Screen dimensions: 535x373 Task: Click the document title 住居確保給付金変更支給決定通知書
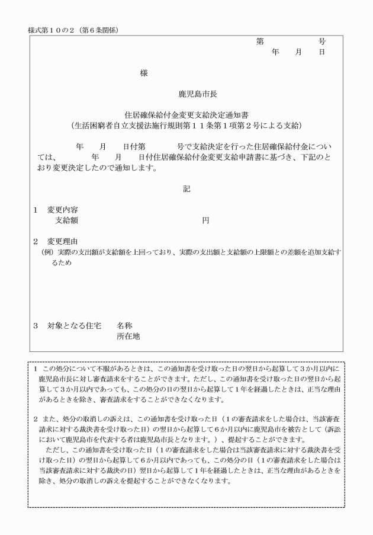pyautogui.click(x=186, y=115)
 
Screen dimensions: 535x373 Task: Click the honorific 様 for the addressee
pyautogui.click(x=144, y=73)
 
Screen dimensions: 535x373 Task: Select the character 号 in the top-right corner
pyautogui.click(x=322, y=41)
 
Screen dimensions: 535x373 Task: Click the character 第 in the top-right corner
pyautogui.click(x=260, y=41)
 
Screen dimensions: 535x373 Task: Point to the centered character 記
pyautogui.click(x=186, y=189)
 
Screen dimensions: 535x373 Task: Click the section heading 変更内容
pyautogui.click(x=63, y=210)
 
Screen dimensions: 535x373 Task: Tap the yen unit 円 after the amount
pyautogui.click(x=205, y=220)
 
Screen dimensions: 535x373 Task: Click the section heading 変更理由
pyautogui.click(x=63, y=242)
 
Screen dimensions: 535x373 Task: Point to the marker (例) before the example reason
pyautogui.click(x=46, y=252)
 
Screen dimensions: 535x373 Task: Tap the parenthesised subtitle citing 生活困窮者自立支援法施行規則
pyautogui.click(x=186, y=126)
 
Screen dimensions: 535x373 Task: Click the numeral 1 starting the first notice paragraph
pyautogui.click(x=36, y=369)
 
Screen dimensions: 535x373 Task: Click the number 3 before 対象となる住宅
pyautogui.click(x=36, y=326)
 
